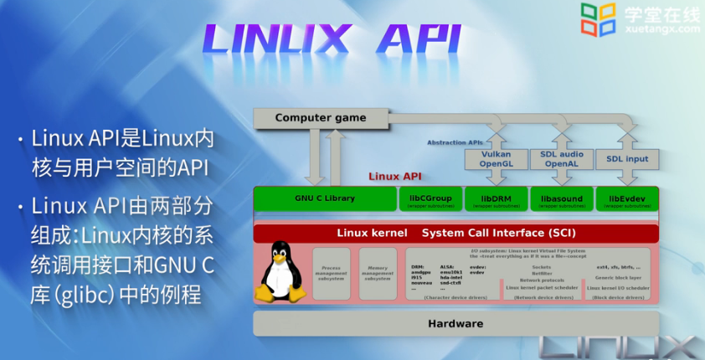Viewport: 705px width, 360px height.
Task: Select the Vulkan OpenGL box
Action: pos(495,158)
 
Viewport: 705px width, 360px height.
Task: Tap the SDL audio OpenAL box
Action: pos(560,158)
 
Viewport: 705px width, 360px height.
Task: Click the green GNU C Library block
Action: pos(324,199)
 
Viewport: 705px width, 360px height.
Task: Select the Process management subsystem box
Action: pos(332,273)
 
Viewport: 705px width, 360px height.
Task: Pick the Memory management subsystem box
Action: pos(378,273)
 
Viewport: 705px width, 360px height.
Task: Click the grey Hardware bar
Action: pos(456,323)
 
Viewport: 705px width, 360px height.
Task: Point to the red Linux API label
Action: pos(395,177)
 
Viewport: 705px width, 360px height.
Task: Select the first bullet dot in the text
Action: pos(20,138)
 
